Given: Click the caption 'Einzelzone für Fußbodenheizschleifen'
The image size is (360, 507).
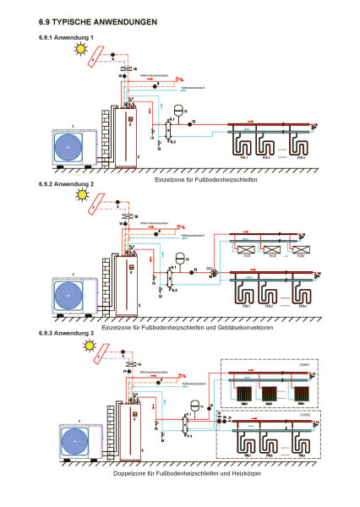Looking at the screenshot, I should (x=206, y=181).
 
